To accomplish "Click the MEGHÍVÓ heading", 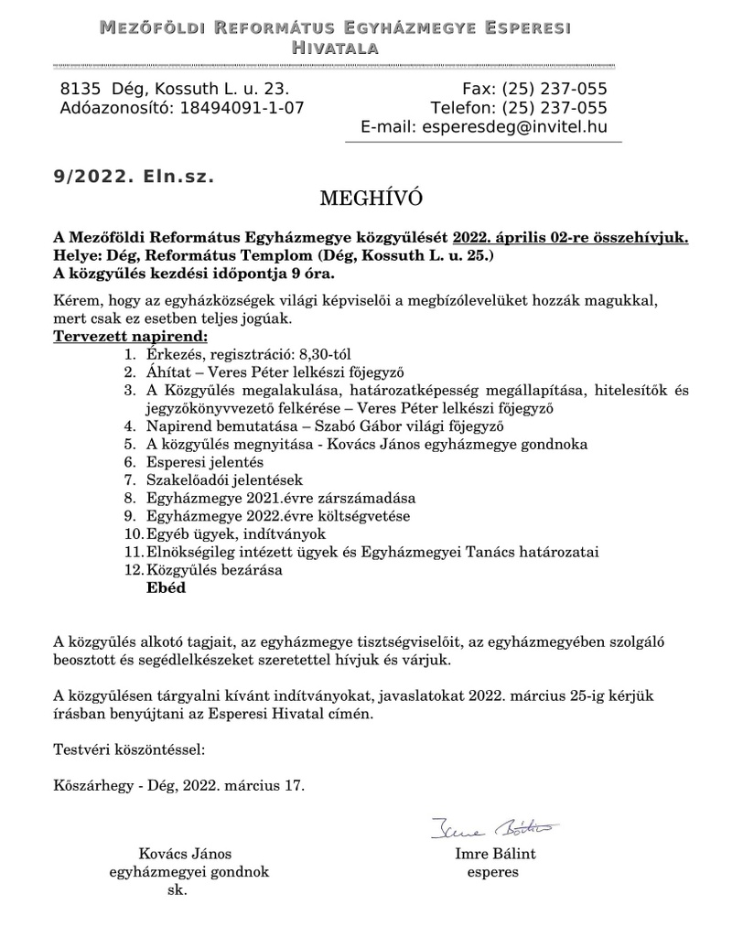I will click(x=371, y=198).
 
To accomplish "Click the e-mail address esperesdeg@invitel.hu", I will click(x=515, y=127).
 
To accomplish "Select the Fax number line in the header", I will click(x=535, y=89).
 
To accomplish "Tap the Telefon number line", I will click(x=519, y=108).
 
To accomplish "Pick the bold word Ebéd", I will click(x=166, y=588).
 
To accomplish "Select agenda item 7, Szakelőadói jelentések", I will click(x=223, y=480).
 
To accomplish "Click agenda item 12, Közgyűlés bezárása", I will click(x=214, y=571).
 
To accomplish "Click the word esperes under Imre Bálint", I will click(x=492, y=872).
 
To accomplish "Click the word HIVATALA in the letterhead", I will click(x=334, y=47).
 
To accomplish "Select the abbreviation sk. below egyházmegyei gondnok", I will click(x=177, y=890).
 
